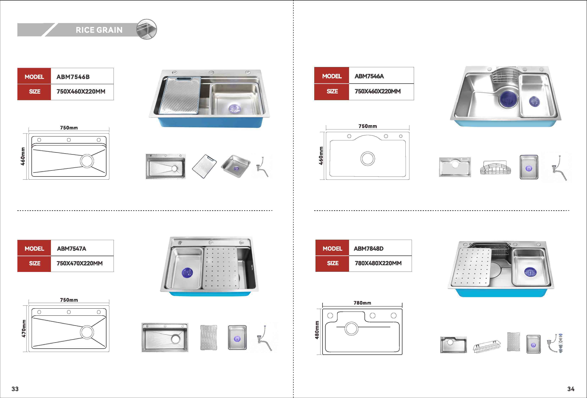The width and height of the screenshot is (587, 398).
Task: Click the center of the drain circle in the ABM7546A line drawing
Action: click(367, 159)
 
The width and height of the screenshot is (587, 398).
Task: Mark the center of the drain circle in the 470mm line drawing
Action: click(87, 332)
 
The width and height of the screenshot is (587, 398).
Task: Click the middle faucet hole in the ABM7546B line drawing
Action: click(69, 140)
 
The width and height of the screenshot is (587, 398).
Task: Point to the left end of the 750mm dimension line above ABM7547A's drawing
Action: click(29, 302)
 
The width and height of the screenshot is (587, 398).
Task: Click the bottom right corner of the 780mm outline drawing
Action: click(402, 355)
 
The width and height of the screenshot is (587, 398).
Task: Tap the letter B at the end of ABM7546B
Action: click(87, 77)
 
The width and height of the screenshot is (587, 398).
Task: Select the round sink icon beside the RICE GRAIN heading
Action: click(147, 29)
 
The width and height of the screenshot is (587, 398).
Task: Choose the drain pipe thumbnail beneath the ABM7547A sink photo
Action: click(264, 338)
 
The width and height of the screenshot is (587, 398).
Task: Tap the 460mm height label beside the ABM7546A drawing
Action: click(321, 156)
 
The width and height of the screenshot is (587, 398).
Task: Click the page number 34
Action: click(570, 389)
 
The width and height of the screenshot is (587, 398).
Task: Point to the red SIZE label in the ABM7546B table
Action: click(34, 92)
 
